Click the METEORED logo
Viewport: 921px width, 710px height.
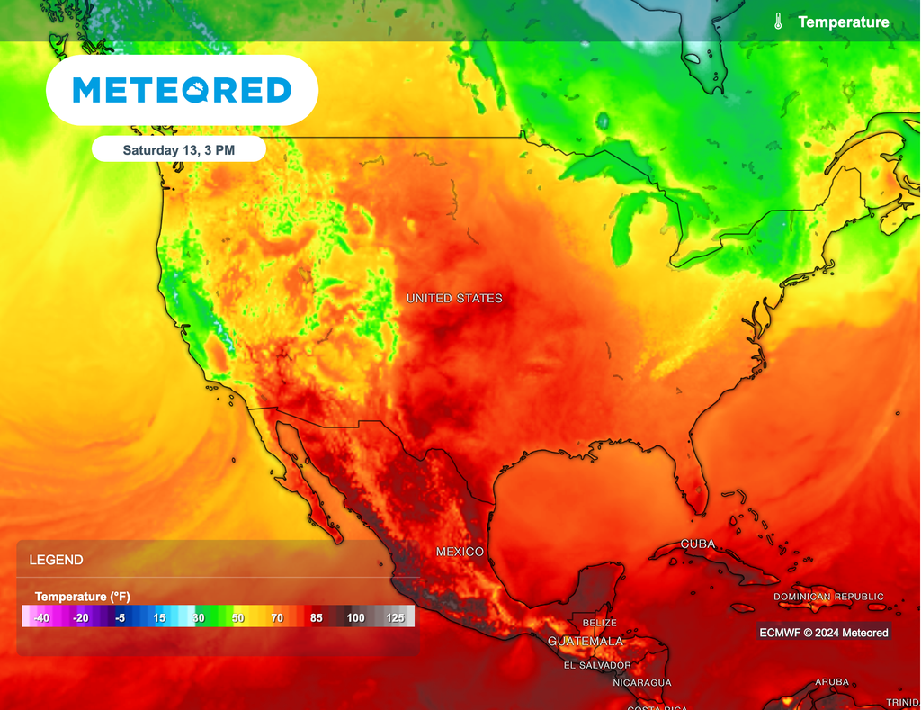(x=182, y=90)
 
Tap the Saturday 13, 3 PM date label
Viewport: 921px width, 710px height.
(x=178, y=150)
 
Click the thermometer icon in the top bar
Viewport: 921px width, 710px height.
(x=778, y=22)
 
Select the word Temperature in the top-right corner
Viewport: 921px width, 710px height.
(x=843, y=22)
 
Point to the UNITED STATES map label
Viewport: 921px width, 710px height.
(x=454, y=298)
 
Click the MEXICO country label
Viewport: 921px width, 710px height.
(x=460, y=551)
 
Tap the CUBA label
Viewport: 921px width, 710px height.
(x=698, y=544)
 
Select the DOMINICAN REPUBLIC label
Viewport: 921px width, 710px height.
(x=828, y=597)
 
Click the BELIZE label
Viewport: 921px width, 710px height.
(x=599, y=623)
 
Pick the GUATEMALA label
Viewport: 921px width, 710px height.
(x=586, y=641)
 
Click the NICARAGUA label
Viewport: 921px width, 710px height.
(x=641, y=683)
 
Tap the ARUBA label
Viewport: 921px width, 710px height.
(x=831, y=682)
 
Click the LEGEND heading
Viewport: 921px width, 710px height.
(x=56, y=560)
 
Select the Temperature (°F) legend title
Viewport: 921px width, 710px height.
(x=82, y=597)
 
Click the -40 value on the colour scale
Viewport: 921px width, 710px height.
(x=40, y=617)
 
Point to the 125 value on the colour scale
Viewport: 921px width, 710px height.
(x=394, y=617)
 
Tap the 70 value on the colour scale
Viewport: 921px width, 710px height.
(x=277, y=617)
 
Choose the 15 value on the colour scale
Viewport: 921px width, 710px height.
(x=158, y=617)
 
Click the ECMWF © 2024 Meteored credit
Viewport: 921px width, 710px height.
(x=824, y=633)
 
